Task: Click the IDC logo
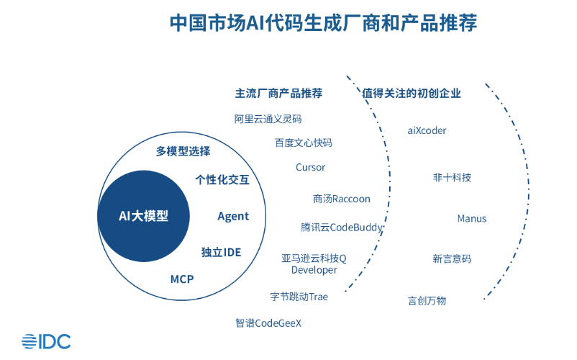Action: tap(46, 341)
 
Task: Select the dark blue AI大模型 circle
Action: tap(143, 216)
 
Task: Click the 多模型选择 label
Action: tap(183, 151)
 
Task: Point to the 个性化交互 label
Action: tap(222, 180)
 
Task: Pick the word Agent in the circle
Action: tap(233, 216)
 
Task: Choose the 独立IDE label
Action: tap(221, 252)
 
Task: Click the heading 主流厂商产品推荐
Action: tap(278, 94)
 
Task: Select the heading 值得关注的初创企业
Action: tap(412, 94)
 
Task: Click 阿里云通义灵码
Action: tap(268, 119)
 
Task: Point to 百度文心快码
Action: tap(303, 143)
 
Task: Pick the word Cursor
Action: tap(311, 167)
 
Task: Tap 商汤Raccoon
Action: tap(341, 199)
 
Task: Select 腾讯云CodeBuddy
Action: tap(342, 228)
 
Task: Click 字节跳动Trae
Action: tap(299, 297)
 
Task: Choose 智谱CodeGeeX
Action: tap(268, 323)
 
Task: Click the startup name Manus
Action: tap(472, 218)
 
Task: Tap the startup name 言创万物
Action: tap(427, 300)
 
